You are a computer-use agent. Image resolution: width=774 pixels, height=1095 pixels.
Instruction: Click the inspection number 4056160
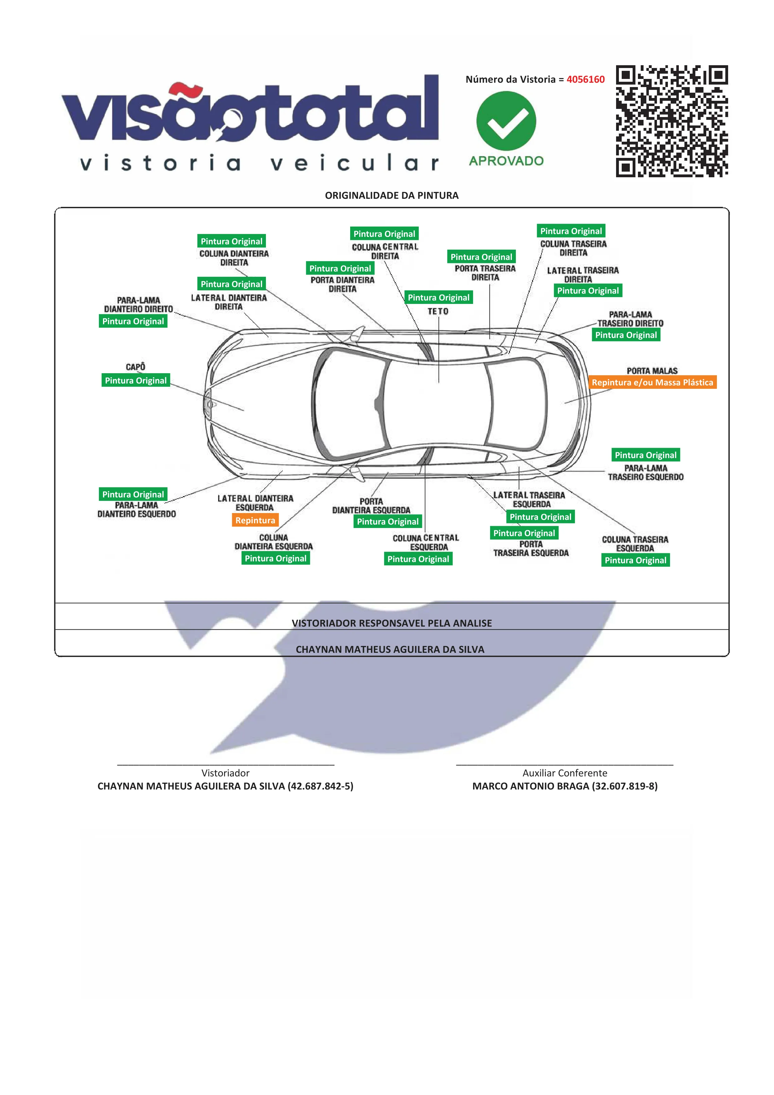click(x=585, y=79)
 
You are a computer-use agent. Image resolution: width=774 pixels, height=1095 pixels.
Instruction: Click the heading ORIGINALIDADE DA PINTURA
click(x=392, y=195)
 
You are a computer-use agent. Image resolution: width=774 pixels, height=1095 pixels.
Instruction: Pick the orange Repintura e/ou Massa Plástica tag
click(x=652, y=382)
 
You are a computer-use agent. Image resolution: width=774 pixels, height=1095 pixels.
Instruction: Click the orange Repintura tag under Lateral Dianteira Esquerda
click(x=255, y=520)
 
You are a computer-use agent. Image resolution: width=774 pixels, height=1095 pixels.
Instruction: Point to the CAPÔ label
click(x=135, y=367)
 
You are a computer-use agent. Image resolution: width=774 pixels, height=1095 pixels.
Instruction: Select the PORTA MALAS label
click(x=652, y=370)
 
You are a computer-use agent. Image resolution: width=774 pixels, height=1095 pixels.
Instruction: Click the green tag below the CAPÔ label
click(x=136, y=380)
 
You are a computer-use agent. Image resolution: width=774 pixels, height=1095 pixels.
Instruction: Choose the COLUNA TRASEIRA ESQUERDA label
click(x=635, y=544)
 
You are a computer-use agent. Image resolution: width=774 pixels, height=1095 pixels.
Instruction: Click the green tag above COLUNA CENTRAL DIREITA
click(x=385, y=233)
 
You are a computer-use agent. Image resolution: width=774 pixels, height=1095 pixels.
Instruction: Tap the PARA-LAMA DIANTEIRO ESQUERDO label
click(x=137, y=509)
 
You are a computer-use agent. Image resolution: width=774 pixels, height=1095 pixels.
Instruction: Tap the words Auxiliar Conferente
click(x=565, y=773)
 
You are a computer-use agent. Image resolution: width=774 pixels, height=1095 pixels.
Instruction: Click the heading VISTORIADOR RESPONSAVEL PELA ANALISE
click(x=392, y=623)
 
